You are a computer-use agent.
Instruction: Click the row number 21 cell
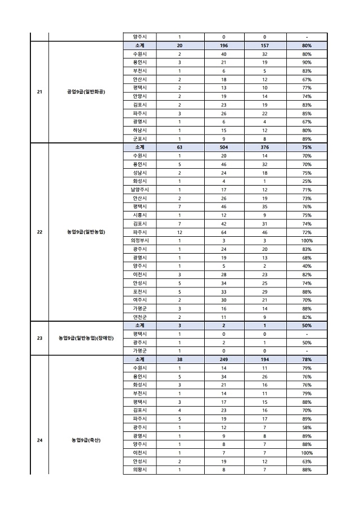point(39,92)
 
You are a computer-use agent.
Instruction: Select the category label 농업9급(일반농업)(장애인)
point(86,338)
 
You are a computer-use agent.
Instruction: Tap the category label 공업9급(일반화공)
point(86,92)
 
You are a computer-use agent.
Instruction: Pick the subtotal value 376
point(264,147)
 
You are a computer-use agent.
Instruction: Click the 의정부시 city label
point(139,240)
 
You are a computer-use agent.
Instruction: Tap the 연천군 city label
point(139,317)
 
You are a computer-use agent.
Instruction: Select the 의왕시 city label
point(139,470)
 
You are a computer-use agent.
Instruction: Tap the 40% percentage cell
point(307,265)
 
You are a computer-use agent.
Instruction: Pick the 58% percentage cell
point(307,427)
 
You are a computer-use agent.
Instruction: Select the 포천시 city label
point(139,291)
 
